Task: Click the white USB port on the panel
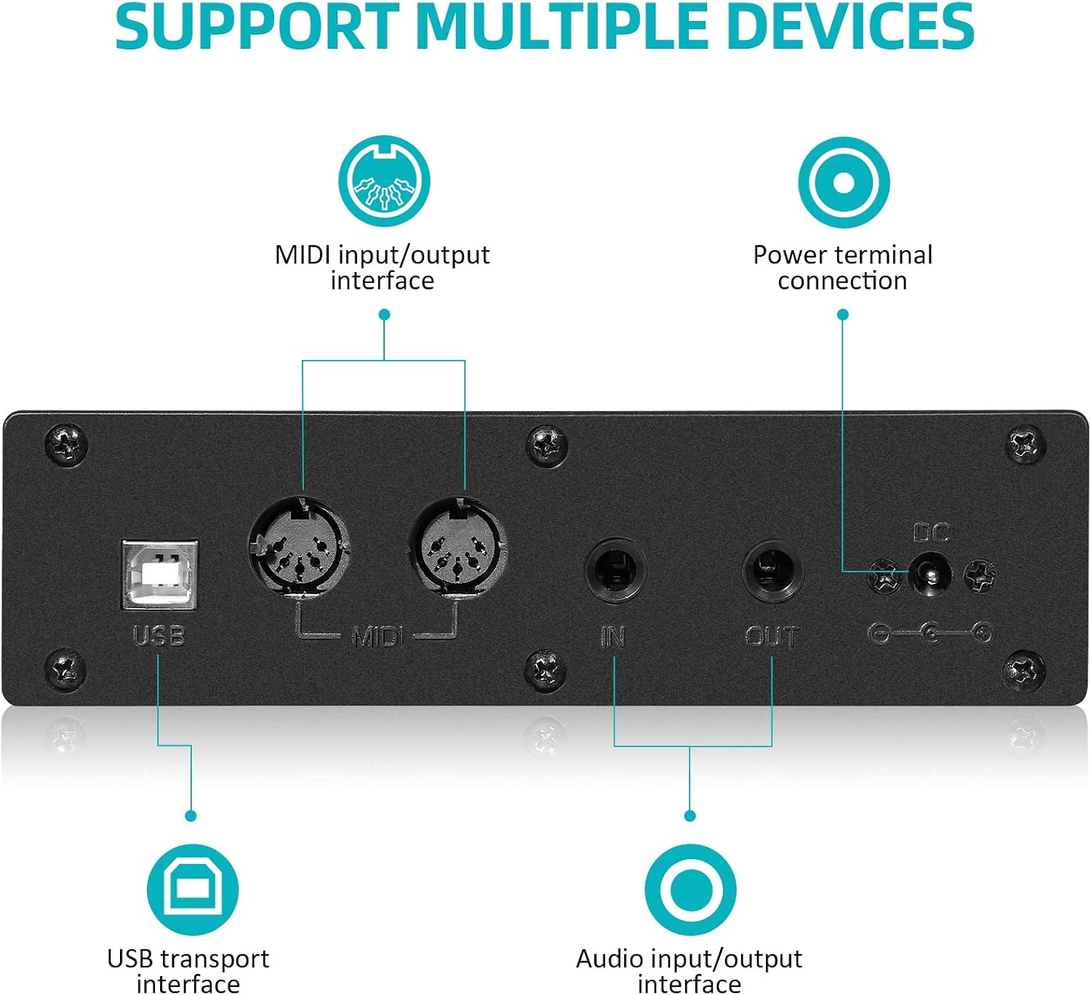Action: (x=159, y=574)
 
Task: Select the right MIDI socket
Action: (x=458, y=547)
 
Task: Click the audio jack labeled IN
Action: (x=615, y=572)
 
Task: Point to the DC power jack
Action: (x=930, y=574)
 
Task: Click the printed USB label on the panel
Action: (x=159, y=636)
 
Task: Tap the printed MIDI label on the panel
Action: (x=378, y=636)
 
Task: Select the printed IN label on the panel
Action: (x=613, y=636)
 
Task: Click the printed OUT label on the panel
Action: (x=772, y=636)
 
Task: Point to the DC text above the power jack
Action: (x=931, y=532)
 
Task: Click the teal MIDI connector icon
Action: (x=384, y=181)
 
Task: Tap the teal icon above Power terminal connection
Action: (x=844, y=183)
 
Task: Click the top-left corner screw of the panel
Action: (x=66, y=444)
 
